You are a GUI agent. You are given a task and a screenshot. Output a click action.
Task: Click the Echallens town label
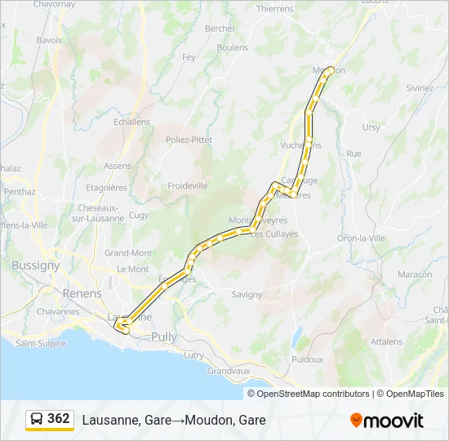[x=132, y=122]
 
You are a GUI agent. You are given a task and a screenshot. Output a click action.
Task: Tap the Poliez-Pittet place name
[x=189, y=140]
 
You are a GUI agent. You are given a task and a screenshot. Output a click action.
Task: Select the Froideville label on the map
[x=188, y=185]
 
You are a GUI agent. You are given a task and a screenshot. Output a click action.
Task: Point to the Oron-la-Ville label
[x=361, y=238]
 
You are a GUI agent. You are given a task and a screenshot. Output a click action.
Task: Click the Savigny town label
[x=247, y=294]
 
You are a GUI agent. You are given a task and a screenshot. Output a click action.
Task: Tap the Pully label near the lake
[x=163, y=336]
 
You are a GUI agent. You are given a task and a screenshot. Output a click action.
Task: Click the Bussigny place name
[x=36, y=265]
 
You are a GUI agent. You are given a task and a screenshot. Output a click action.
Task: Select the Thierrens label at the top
[x=274, y=8]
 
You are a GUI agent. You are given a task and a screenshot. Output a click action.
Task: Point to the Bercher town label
[x=220, y=28]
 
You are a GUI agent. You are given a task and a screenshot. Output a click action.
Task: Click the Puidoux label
[x=307, y=359]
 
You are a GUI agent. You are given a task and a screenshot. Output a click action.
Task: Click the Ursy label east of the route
[x=371, y=127]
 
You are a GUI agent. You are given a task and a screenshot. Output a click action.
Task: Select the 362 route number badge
[x=59, y=418]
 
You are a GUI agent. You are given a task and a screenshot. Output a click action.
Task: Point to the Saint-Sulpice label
[x=41, y=343]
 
